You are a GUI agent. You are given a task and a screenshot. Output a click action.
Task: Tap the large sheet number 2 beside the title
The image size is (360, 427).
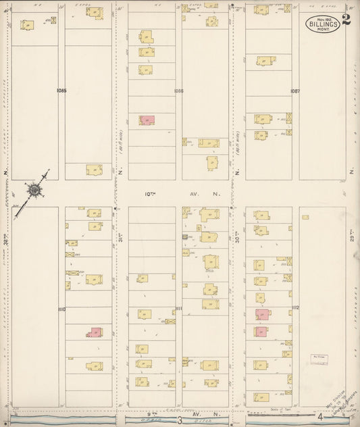(346, 19)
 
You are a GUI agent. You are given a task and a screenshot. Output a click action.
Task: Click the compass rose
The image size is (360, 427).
(33, 189)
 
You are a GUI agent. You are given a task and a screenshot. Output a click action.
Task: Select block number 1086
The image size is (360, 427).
(178, 90)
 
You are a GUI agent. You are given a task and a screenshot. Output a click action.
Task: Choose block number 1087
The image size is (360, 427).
(295, 90)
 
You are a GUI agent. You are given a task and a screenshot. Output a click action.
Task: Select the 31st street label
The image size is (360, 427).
(121, 236)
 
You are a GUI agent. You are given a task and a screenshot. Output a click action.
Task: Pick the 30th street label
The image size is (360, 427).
(237, 236)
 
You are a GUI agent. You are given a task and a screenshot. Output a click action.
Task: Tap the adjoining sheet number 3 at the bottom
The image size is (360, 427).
(180, 421)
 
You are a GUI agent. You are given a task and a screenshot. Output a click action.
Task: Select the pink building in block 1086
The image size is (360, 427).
(147, 120)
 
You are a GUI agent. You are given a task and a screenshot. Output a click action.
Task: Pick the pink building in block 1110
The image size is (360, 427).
(96, 332)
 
